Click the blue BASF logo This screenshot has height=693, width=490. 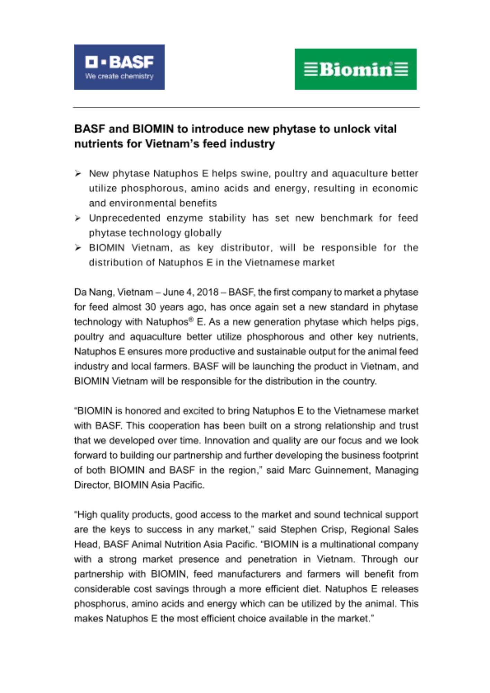click(119, 67)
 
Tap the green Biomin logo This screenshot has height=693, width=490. click(355, 69)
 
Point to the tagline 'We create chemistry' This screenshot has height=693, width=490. click(119, 76)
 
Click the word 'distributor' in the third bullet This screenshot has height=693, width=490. click(246, 248)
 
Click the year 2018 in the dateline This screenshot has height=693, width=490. click(208, 292)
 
